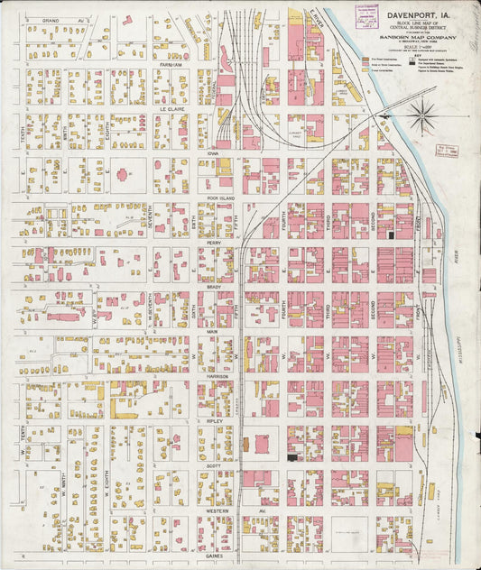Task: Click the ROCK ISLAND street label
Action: coord(219,198)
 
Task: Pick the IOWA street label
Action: coord(214,153)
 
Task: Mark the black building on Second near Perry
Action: coord(391,234)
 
